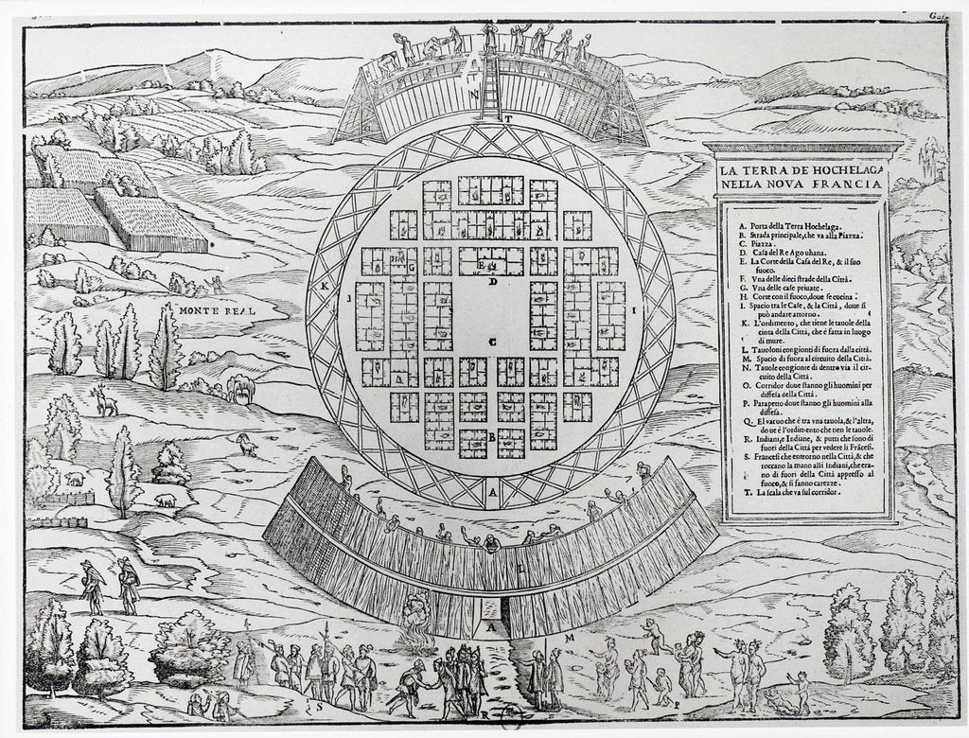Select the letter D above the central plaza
coord(492,282)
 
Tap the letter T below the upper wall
coord(508,118)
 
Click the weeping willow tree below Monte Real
coord(240,386)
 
